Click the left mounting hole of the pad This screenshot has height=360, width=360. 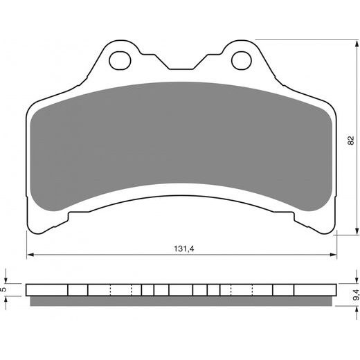120,61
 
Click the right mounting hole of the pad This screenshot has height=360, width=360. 242,61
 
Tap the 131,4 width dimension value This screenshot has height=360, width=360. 184,249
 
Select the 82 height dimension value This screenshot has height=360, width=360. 350,141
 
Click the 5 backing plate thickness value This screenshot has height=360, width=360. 3,289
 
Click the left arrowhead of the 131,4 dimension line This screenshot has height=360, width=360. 30,255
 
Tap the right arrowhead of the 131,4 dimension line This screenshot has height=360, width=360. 333,255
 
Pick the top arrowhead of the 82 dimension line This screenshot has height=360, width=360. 357,44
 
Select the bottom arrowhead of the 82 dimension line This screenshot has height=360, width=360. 357,231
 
